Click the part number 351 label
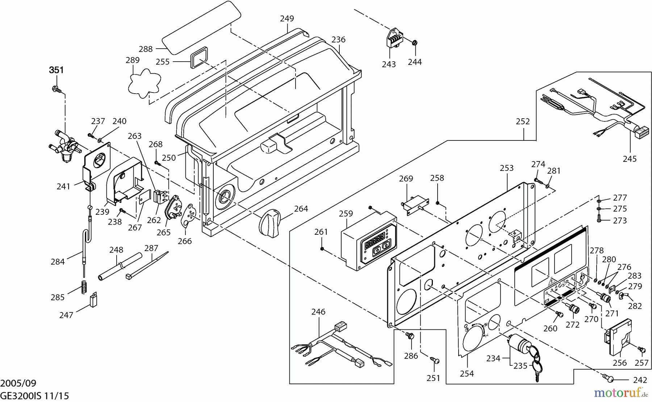click(x=57, y=70)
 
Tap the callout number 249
click(x=287, y=19)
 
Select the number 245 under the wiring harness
click(x=630, y=159)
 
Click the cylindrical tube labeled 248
click(x=119, y=267)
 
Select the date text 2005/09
click(x=18, y=383)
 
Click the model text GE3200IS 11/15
click(x=34, y=395)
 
